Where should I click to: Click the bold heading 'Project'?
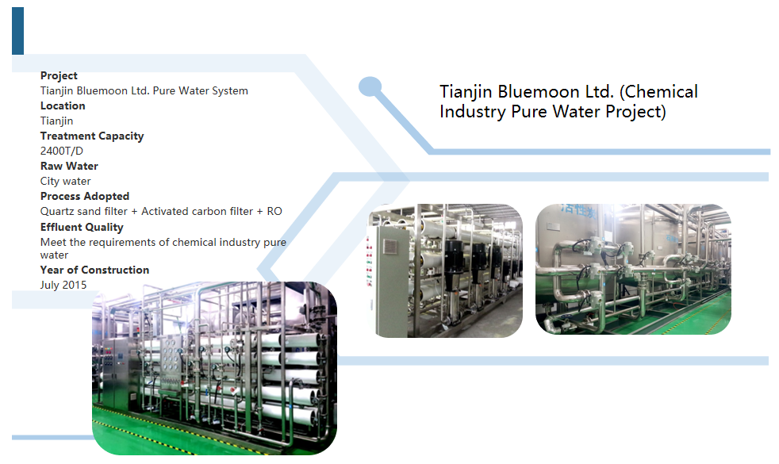tap(59, 75)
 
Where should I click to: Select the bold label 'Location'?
tap(63, 105)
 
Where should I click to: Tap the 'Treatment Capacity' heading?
tap(92, 136)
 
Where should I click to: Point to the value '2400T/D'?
tap(62, 151)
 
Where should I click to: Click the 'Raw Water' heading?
tap(69, 166)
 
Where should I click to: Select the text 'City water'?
tap(65, 181)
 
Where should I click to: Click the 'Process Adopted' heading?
tap(84, 196)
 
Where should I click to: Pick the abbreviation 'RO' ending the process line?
tap(274, 211)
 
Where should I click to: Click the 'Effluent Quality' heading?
tap(82, 227)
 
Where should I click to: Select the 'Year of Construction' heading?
tap(94, 270)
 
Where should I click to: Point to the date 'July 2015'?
tap(63, 285)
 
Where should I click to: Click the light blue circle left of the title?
tap(370, 87)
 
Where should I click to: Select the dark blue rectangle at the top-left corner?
tap(17, 30)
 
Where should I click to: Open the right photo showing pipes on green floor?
tap(633, 269)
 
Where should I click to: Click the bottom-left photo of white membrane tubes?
tap(214, 368)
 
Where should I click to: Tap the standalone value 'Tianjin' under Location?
tap(56, 121)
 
